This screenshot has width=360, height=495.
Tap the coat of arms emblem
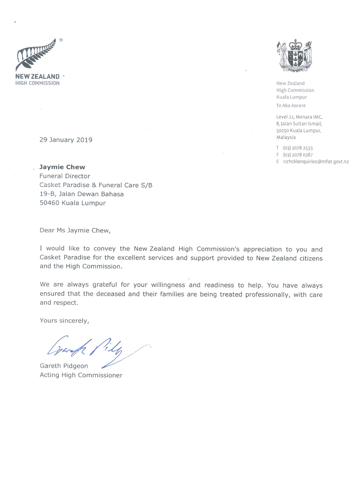coord(294,56)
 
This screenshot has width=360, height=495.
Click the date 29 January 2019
coord(66,140)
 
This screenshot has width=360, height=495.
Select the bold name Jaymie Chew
coord(62,167)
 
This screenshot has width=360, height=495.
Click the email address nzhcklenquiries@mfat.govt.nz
coord(316,162)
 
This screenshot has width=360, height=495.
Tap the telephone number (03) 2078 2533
coord(298,148)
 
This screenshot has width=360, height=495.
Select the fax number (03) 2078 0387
coord(298,155)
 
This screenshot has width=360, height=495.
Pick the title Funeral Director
coord(65,176)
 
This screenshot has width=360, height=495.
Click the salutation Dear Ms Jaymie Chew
coord(75,230)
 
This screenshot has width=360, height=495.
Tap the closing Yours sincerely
coord(64,321)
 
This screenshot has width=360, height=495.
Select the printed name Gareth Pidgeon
coord(64,366)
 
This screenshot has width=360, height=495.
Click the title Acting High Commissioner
coord(81,375)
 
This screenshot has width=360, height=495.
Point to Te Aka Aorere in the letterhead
coord(291,105)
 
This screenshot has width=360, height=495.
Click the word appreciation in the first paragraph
coord(262,249)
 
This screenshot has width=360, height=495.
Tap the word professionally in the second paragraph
coord(267,295)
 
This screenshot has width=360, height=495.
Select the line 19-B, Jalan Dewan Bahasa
coord(81,194)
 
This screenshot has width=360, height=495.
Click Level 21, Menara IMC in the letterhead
coord(299,117)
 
